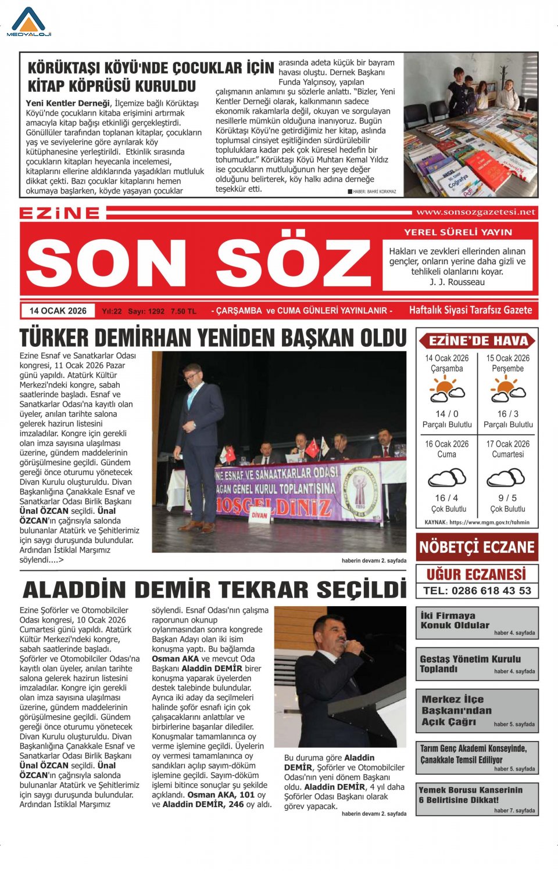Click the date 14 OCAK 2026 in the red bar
pyautogui.click(x=58, y=311)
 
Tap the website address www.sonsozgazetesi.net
pyautogui.click(x=475, y=213)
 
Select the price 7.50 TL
pyautogui.click(x=184, y=312)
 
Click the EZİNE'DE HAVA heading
pyautogui.click(x=478, y=341)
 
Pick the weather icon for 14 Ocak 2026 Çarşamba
pyautogui.click(x=446, y=390)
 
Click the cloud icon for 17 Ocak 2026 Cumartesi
pyautogui.click(x=507, y=477)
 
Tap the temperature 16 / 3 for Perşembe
pyautogui.click(x=507, y=414)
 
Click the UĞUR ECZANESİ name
pyautogui.click(x=477, y=574)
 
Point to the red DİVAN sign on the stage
pyautogui.click(x=259, y=515)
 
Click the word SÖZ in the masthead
pyautogui.click(x=294, y=262)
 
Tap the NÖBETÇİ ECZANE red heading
pyautogui.click(x=477, y=547)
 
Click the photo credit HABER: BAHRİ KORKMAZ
pyautogui.click(x=374, y=192)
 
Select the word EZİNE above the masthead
pyautogui.click(x=60, y=213)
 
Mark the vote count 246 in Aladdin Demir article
pyautogui.click(x=236, y=805)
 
